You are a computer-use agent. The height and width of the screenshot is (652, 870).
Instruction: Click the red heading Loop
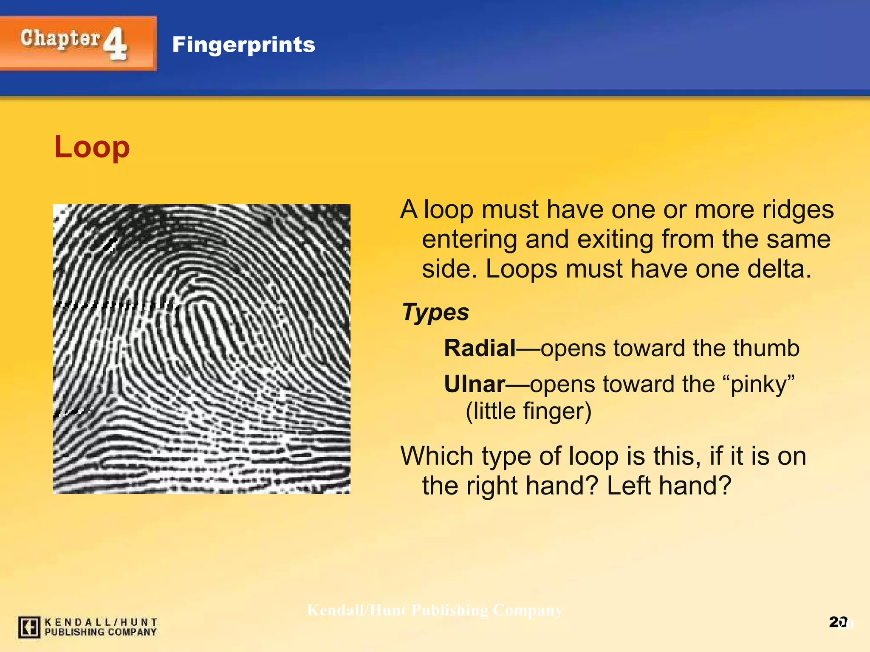(x=92, y=147)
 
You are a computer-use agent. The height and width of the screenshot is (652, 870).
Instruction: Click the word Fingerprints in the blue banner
(x=243, y=45)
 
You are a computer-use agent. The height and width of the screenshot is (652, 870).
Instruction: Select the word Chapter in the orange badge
(x=60, y=39)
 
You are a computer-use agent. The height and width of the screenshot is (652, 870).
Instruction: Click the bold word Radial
(x=480, y=348)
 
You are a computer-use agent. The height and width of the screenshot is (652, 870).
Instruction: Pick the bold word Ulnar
(x=475, y=385)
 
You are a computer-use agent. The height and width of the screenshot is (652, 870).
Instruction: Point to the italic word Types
(x=435, y=312)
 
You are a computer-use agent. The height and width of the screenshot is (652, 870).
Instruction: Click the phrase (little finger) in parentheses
(x=528, y=411)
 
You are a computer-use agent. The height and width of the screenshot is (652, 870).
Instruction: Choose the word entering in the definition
(x=469, y=239)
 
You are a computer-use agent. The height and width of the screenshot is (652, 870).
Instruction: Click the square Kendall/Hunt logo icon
(x=29, y=627)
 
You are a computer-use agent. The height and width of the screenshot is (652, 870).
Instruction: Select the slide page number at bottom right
(x=838, y=622)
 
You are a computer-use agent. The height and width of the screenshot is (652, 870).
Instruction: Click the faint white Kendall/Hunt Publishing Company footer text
(x=435, y=610)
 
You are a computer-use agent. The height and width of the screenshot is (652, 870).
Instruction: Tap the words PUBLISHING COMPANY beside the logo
(x=101, y=632)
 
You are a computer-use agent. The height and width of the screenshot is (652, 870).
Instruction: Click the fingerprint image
(x=201, y=348)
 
